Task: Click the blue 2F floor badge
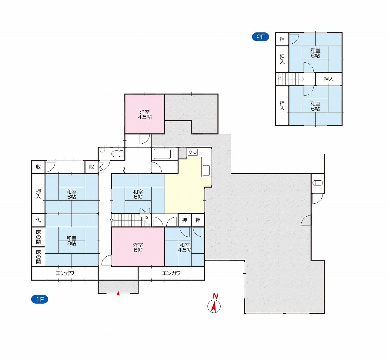(260, 37)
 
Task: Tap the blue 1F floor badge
(40, 299)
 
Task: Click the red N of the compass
(215, 296)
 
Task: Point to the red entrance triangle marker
(118, 293)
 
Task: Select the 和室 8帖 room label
(71, 241)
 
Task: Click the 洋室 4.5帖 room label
(145, 115)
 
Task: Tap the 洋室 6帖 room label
(138, 248)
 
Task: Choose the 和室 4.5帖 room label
(185, 248)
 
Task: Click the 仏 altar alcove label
(38, 220)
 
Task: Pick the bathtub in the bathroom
(162, 154)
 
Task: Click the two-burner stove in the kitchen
(192, 152)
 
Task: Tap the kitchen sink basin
(206, 170)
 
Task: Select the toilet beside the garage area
(318, 183)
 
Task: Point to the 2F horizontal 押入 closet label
(329, 79)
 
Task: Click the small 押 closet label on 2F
(282, 39)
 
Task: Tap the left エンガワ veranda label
(65, 273)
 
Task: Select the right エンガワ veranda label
(171, 273)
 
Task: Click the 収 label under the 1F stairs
(146, 217)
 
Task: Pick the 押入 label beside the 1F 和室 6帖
(38, 194)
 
